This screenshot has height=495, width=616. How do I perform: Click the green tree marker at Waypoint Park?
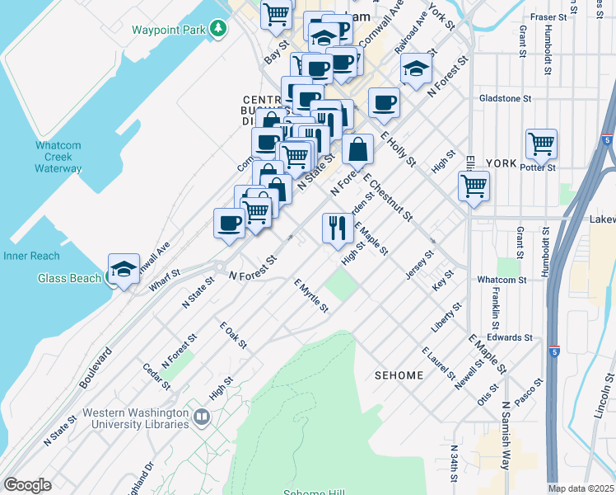click(x=218, y=30)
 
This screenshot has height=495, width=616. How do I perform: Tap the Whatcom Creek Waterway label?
click(x=58, y=157)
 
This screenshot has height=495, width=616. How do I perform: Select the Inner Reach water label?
click(x=31, y=256)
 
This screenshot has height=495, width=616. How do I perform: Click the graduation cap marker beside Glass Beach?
click(x=124, y=270)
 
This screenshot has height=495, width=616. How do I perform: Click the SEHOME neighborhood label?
click(x=399, y=375)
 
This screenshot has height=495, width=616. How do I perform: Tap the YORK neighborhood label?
click(x=501, y=163)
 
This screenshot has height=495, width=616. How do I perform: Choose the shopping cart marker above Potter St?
click(x=542, y=144)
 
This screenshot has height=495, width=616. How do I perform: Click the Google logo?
click(x=27, y=485)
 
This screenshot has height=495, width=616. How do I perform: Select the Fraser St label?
click(x=549, y=16)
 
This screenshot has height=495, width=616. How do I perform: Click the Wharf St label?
click(x=165, y=280)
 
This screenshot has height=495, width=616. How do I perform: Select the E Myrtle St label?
click(x=311, y=295)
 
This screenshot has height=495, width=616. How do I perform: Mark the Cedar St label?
click(x=156, y=379)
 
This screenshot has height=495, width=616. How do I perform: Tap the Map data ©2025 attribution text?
click(x=581, y=488)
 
